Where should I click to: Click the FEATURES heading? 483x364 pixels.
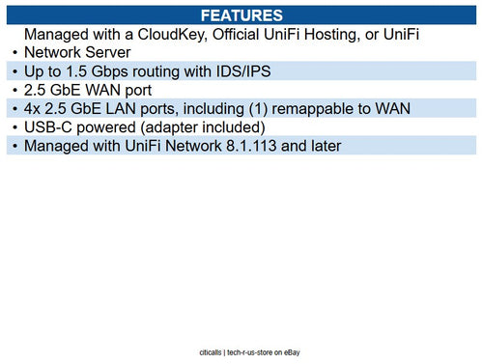[x=241, y=16]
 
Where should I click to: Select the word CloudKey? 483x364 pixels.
[x=176, y=35]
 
